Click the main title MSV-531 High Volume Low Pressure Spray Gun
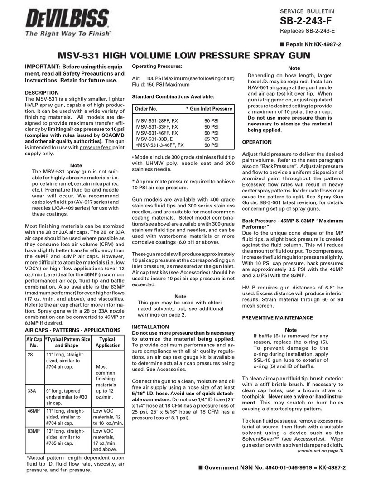tap(183, 57)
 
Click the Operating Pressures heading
tap(156, 67)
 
